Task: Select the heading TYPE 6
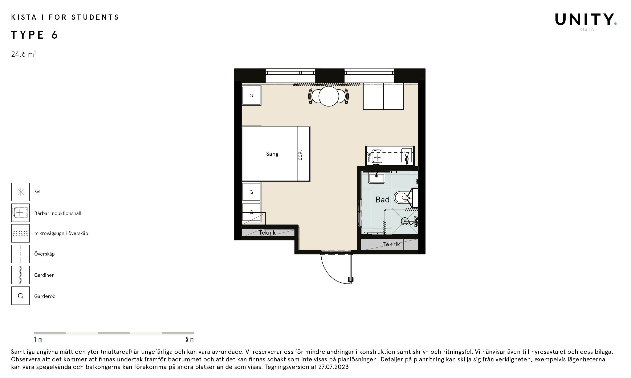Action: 35,35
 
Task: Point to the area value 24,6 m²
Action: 24,54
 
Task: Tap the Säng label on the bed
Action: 272,154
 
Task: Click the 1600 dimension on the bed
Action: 300,155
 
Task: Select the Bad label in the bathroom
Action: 383,199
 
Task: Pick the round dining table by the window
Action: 329,96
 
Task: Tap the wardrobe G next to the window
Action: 251,96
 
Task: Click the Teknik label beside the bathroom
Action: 391,244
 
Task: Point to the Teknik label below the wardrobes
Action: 267,232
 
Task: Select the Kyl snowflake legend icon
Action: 20,192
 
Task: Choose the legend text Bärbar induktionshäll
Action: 57,213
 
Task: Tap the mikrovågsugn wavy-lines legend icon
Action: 20,233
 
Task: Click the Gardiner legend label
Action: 44,275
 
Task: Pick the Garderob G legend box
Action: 20,296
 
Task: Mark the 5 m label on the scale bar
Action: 190,339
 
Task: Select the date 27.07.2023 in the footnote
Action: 333,367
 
